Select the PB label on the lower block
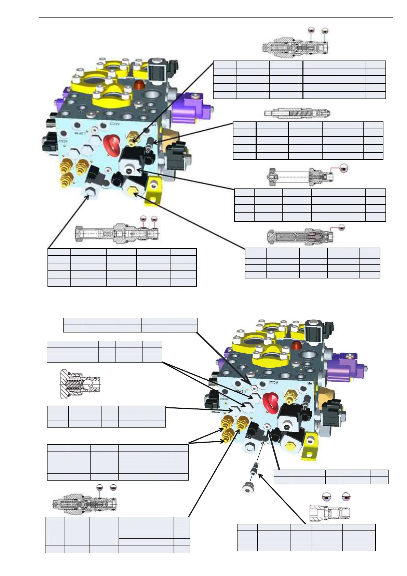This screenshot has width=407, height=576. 310,383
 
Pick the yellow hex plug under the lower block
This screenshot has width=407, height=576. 290,445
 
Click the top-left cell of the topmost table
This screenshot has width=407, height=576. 225,65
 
